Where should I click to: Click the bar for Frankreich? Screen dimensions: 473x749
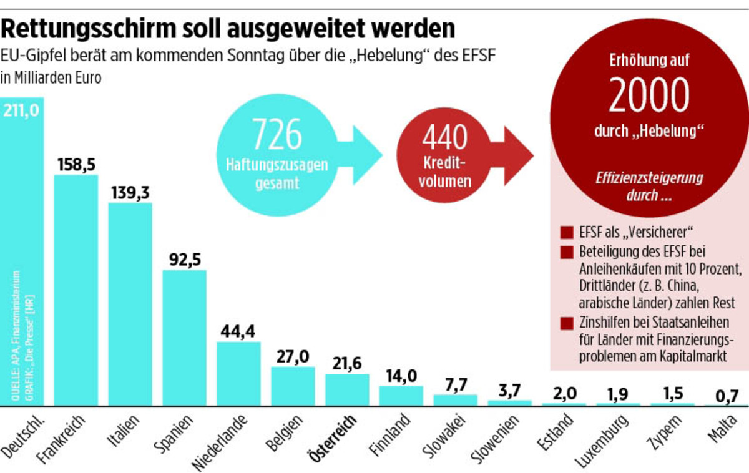coord(76,290)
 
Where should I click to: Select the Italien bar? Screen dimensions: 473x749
coord(130,305)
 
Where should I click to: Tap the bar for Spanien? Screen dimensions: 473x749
coord(184,338)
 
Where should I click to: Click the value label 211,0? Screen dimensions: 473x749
coord(22,110)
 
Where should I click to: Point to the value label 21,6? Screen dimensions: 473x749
coord(347,363)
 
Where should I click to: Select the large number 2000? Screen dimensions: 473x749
coord(649,95)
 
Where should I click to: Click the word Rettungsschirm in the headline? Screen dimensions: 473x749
coord(82,29)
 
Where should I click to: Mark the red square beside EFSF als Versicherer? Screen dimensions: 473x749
coord(567,233)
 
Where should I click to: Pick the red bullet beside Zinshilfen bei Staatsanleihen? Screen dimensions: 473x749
coord(567,324)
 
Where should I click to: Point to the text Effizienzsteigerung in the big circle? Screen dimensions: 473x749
coord(649,178)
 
